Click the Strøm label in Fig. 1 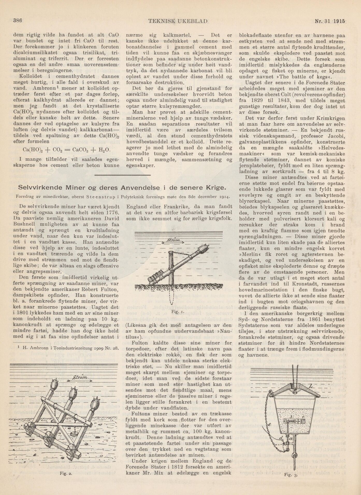pos(173,241)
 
